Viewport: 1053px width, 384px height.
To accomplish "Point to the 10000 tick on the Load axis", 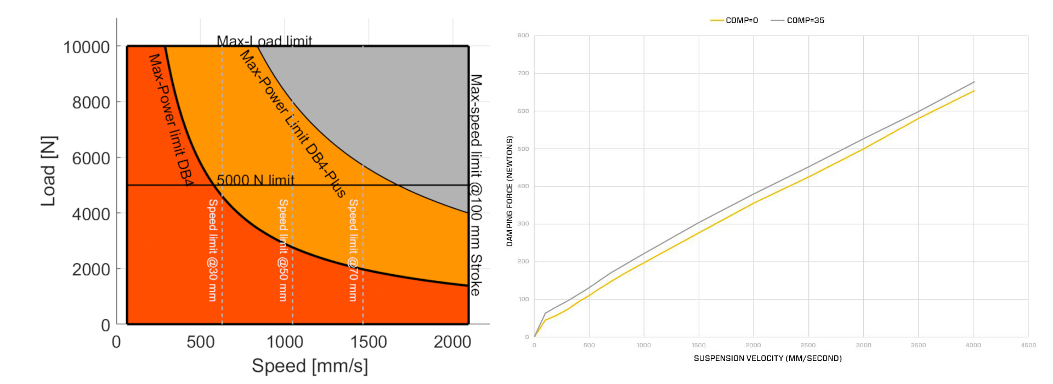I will (x=87, y=47).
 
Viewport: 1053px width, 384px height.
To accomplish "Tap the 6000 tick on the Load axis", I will (x=91, y=159).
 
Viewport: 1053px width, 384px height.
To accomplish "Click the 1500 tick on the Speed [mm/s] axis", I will (x=369, y=342).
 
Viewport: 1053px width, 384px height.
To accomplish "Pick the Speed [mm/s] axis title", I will (x=310, y=365).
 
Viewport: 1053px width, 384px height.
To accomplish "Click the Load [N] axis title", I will (x=49, y=171).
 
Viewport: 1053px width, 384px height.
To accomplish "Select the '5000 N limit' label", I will (x=256, y=180).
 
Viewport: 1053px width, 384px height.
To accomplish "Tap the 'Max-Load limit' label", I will (x=264, y=41).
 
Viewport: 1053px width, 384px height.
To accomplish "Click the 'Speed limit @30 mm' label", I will (x=213, y=250).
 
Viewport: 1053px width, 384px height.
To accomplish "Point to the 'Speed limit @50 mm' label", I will (x=283, y=250).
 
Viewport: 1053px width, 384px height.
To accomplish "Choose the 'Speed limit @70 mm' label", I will (x=353, y=250).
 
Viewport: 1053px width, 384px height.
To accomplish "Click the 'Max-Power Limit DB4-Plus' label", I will (x=293, y=123).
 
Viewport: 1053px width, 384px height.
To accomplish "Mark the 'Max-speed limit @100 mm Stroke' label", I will (x=475, y=185).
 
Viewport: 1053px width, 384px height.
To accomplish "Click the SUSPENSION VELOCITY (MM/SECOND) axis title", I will (x=767, y=358).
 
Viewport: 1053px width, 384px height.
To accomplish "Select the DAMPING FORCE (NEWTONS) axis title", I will (x=509, y=191).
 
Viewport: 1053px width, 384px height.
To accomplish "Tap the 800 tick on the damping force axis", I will (x=523, y=36).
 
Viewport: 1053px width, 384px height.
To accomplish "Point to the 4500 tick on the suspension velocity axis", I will (x=1028, y=345).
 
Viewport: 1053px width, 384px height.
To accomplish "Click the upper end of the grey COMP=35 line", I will (x=974, y=82).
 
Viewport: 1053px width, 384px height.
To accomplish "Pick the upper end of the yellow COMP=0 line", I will (x=974, y=91).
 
